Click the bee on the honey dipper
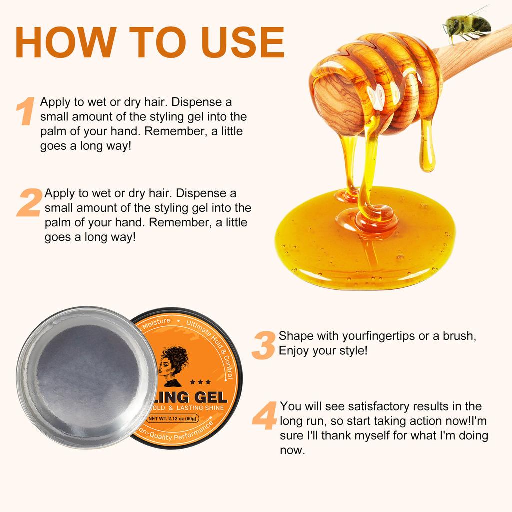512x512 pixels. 467,25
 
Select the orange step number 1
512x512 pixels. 25,111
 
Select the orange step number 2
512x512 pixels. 29,202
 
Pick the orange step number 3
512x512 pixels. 263,344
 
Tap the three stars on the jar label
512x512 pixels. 196,382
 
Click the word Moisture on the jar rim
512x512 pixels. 157,322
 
